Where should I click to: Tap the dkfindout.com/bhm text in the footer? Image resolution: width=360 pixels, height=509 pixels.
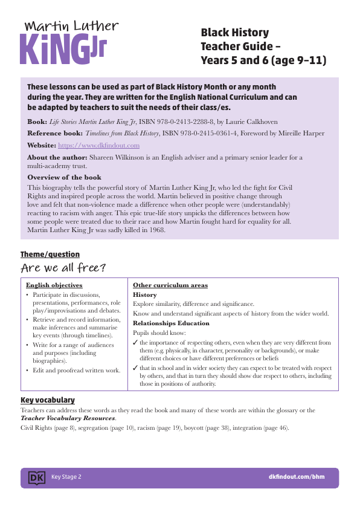(296, 478)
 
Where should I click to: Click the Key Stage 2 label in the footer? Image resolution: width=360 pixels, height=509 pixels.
(66, 478)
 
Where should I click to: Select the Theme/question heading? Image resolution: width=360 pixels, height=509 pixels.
(50, 254)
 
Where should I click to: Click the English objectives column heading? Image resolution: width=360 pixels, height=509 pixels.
(54, 285)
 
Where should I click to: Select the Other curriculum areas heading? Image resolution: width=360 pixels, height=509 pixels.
(170, 285)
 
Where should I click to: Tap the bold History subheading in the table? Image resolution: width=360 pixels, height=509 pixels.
(144, 295)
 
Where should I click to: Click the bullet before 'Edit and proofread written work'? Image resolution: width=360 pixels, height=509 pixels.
(27, 369)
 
